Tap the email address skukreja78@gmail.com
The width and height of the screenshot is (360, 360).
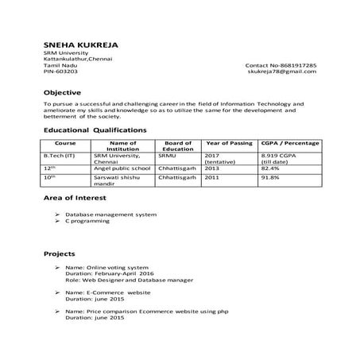click(x=282, y=72)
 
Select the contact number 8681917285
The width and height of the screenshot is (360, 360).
click(x=281, y=64)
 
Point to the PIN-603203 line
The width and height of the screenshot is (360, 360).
click(x=60, y=72)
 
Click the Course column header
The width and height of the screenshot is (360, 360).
click(x=66, y=142)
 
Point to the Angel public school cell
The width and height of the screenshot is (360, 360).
click(x=122, y=168)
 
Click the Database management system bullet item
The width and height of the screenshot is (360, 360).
click(x=110, y=215)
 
